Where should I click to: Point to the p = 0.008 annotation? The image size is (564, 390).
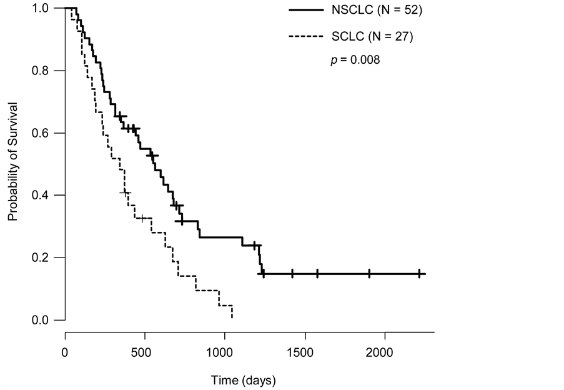point(355,60)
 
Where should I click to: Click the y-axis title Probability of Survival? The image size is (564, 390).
point(11,164)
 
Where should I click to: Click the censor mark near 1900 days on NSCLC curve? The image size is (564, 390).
point(369,273)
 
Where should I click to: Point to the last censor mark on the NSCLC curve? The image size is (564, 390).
point(419,273)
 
